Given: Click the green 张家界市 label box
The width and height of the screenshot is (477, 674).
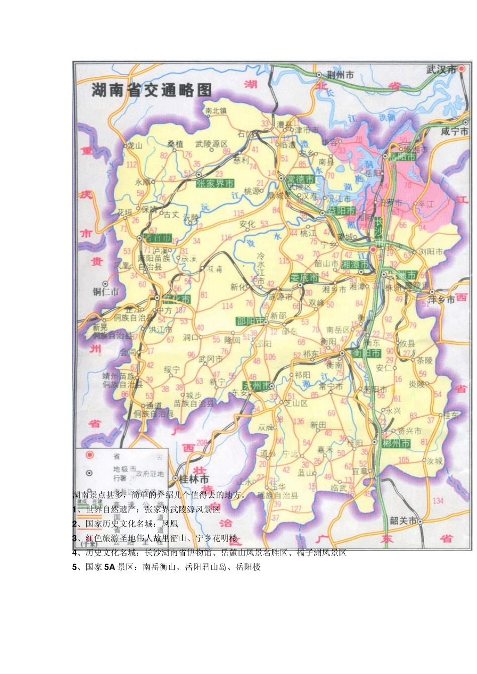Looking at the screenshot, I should (215, 184).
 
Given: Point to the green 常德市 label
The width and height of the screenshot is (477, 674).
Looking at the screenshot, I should (300, 179).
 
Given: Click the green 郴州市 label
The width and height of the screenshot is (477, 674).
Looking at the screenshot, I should (396, 444).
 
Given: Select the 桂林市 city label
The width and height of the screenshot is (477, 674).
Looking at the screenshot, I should (194, 479).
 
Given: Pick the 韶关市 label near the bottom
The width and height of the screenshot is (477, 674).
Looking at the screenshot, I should (403, 521).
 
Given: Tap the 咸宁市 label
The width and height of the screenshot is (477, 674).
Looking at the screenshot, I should (454, 131).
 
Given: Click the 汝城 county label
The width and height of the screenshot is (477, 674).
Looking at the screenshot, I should (434, 461).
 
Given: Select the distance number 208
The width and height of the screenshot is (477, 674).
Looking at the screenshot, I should (201, 443).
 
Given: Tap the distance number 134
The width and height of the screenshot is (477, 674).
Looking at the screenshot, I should (438, 500).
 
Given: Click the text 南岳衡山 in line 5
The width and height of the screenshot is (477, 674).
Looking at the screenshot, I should (160, 568).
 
